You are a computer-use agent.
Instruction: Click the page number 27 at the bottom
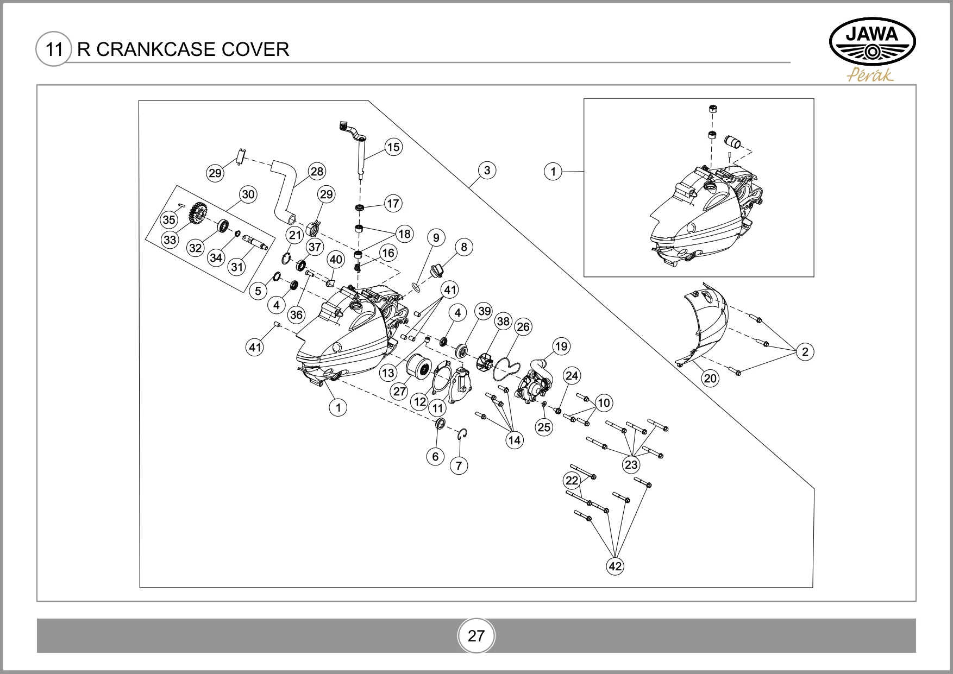point(476,636)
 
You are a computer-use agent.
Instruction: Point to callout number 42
point(615,566)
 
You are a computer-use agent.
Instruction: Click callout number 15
point(393,147)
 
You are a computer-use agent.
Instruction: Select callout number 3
point(487,170)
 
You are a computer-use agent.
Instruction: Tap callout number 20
point(711,378)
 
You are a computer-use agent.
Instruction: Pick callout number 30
point(248,194)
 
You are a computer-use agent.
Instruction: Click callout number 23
point(631,464)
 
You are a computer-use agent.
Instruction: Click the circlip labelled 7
point(462,434)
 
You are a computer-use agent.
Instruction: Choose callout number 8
point(463,247)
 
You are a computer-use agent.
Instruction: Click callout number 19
point(561,346)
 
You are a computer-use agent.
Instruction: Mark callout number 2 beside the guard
point(805,352)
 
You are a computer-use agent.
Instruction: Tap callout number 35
point(169,220)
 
